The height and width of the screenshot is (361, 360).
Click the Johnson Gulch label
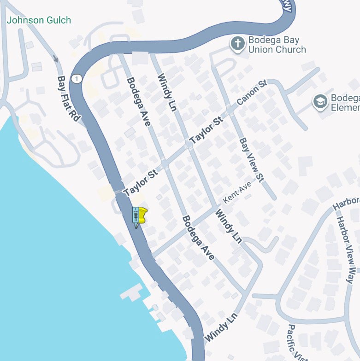tap(39, 20)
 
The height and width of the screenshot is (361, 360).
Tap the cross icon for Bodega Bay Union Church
tap(238, 45)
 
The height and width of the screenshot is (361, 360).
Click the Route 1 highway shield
tap(77, 79)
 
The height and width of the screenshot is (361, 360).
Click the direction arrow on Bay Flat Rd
tap(56, 58)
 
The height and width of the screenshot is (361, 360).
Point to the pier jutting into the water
tap(131, 292)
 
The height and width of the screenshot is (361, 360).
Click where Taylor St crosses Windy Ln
tap(190, 146)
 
